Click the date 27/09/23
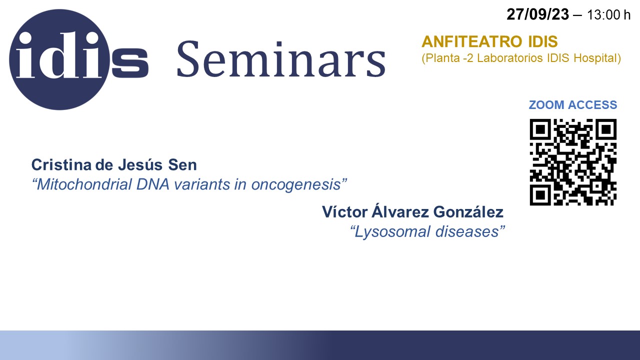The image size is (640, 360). click(537, 14)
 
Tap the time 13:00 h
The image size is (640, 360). click(608, 15)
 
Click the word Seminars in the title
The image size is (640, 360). click(281, 59)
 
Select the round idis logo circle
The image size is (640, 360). click(59, 59)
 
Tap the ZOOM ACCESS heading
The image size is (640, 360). click(573, 105)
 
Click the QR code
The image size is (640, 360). click(573, 162)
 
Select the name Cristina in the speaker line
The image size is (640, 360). click(61, 165)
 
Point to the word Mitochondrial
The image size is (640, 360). click(84, 184)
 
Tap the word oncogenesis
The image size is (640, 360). click(296, 185)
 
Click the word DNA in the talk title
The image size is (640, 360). click(153, 184)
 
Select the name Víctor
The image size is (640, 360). click(345, 212)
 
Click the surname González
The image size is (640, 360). click(468, 212)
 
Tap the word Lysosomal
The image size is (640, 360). click(392, 231)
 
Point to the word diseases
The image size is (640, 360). click(467, 231)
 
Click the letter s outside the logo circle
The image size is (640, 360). click(130, 63)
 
